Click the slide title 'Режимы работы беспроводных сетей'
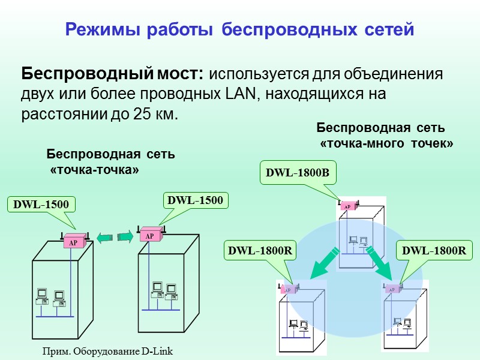click(239, 29)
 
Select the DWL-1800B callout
click(298, 173)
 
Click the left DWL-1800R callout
click(260, 251)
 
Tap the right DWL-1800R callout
click(433, 251)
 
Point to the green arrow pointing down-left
click(322, 264)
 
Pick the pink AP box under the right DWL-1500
click(151, 235)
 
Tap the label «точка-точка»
click(95, 170)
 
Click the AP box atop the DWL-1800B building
click(347, 206)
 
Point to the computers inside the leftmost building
click(50, 298)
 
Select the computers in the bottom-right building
click(401, 325)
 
